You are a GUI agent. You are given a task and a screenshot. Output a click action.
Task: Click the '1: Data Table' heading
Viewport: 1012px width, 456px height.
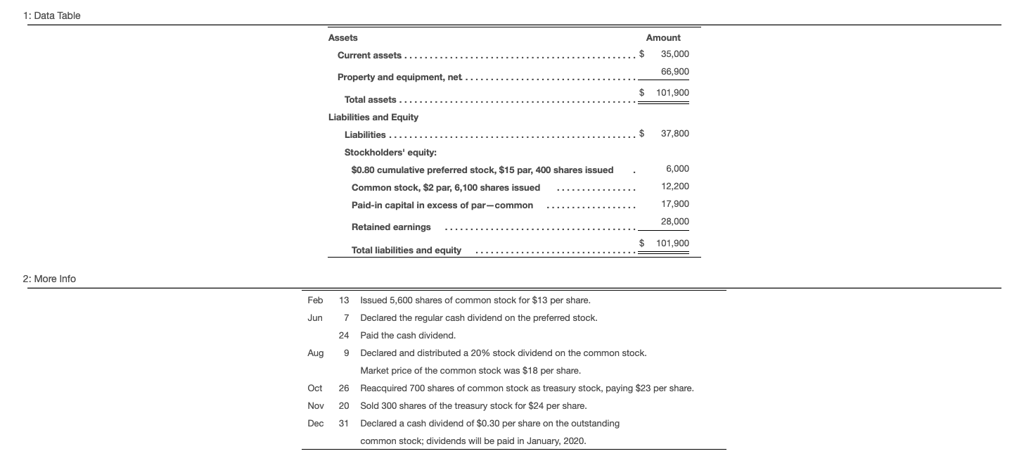point(51,15)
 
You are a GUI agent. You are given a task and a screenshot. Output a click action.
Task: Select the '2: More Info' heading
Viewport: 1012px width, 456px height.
point(49,279)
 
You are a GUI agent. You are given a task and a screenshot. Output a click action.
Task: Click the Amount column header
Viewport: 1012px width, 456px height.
point(663,37)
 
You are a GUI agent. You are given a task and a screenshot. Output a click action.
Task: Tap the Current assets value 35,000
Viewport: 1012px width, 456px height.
point(674,54)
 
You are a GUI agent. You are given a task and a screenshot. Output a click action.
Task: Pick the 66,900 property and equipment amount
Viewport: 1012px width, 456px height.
point(674,72)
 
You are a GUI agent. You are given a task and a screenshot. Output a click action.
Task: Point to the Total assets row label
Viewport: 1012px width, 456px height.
point(370,100)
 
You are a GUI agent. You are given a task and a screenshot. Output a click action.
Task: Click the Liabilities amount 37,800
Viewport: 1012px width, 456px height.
point(674,134)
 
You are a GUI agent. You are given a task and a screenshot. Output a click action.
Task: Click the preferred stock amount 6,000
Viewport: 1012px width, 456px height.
point(677,169)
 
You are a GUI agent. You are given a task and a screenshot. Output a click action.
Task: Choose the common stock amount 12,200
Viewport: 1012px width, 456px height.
point(674,186)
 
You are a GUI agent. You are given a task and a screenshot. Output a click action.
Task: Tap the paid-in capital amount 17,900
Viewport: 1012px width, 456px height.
point(674,204)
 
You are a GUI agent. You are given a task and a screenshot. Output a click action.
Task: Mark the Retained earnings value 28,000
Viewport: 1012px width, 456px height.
point(674,222)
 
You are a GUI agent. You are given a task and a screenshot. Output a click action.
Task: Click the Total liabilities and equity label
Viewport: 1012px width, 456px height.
point(406,250)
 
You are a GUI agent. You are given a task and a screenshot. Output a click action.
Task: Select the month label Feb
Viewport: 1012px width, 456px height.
point(315,300)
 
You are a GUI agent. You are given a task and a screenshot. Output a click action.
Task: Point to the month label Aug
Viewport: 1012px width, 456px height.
point(315,353)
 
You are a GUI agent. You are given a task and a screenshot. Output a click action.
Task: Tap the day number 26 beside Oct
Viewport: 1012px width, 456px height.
point(344,388)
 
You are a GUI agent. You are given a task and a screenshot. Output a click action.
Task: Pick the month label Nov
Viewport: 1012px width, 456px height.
point(315,406)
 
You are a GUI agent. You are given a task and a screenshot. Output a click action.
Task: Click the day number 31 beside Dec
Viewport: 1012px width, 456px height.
point(344,424)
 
